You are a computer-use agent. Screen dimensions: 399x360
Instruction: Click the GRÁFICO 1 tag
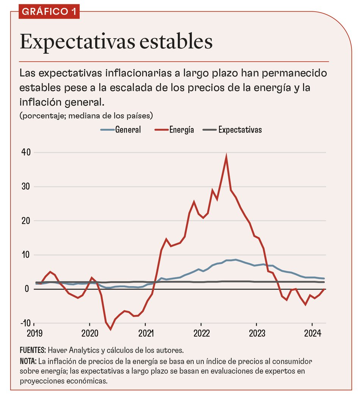tap(49, 11)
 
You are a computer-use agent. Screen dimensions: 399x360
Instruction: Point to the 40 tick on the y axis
tap(25, 152)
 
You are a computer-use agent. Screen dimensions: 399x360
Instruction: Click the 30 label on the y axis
tap(25, 187)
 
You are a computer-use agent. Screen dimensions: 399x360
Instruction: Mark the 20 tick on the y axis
tap(25, 221)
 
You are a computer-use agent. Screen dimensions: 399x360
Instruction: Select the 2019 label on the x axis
tap(34, 333)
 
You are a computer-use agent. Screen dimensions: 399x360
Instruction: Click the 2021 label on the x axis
tap(145, 333)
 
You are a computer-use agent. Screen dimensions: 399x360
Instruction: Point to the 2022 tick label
tap(201, 333)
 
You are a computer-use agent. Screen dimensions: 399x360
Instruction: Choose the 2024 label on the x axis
tap(312, 333)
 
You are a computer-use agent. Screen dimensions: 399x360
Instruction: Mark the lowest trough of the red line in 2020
tap(111, 329)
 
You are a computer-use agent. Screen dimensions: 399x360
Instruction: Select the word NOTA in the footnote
tap(28, 360)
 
